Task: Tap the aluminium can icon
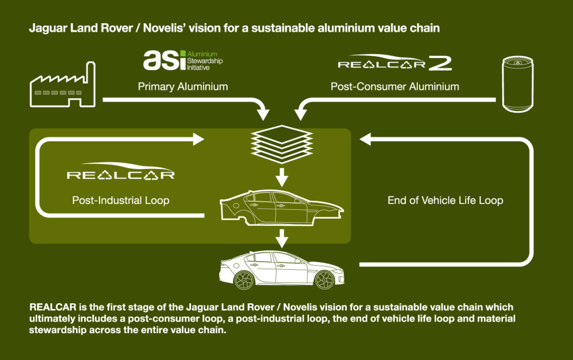tap(518, 84)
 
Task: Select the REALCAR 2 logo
tap(395, 62)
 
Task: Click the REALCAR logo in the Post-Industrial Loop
tap(121, 171)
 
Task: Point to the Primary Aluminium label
tap(183, 86)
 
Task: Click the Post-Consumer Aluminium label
tap(395, 86)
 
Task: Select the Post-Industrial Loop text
tap(121, 200)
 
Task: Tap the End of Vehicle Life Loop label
tap(446, 200)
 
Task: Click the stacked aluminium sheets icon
tap(282, 144)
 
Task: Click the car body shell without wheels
tap(282, 208)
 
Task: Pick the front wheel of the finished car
tap(325, 280)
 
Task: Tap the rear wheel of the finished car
tap(244, 280)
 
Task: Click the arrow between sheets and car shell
tap(282, 177)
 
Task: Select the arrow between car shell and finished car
tap(282, 238)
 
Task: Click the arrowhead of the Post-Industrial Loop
tap(199, 139)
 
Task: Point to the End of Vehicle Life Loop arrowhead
tap(365, 139)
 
